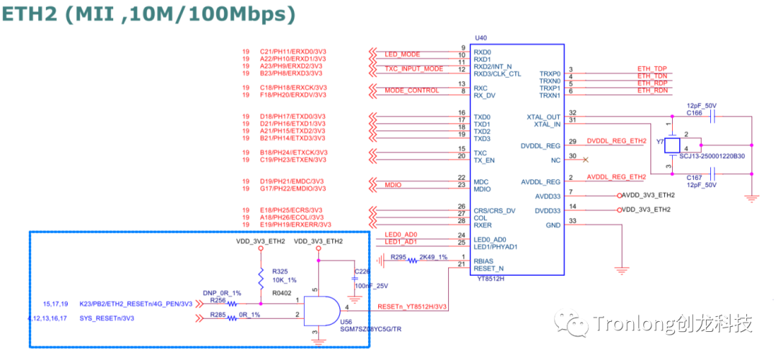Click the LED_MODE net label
coord(402,55)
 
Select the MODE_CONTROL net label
coord(411,91)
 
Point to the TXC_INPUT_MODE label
coord(413,69)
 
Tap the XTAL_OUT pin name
coord(543,117)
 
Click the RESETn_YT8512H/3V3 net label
coord(413,307)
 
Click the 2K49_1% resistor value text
coord(433,256)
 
